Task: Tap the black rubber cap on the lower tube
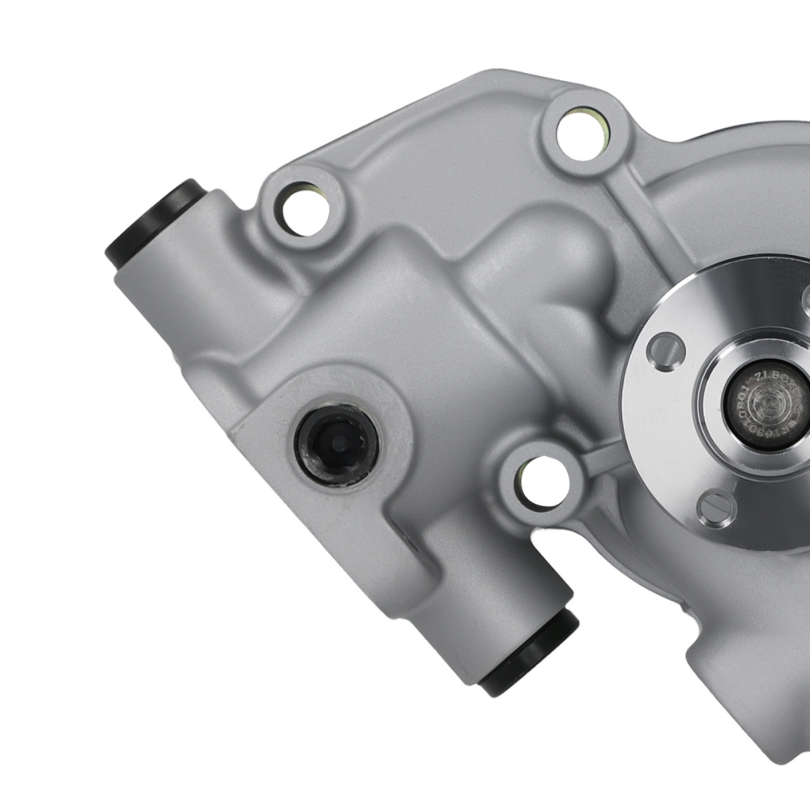pos(531,652)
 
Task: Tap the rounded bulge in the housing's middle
pos(551,275)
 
